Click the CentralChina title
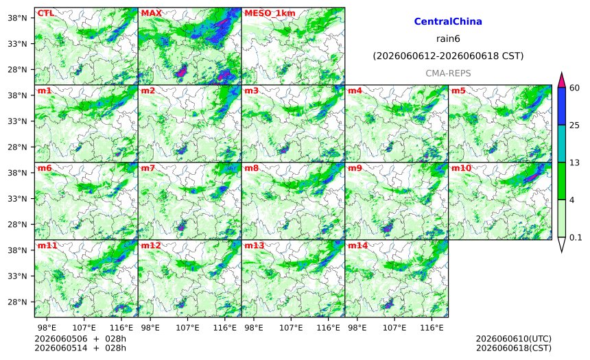pyautogui.click(x=448, y=21)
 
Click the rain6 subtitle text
pyautogui.click(x=448, y=39)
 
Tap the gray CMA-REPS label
pyautogui.click(x=448, y=73)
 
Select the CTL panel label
pyautogui.click(x=45, y=13)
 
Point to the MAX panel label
pyautogui.click(x=151, y=13)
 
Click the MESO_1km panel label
pyautogui.click(x=270, y=13)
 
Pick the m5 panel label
pyautogui.click(x=458, y=91)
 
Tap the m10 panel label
pyautogui.click(x=461, y=168)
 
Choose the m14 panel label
pyautogui.click(x=357, y=245)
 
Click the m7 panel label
pyautogui.click(x=148, y=168)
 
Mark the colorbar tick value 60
pyautogui.click(x=574, y=88)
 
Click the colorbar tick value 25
pyautogui.click(x=574, y=125)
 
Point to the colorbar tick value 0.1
pyautogui.click(x=576, y=237)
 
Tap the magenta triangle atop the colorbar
pyautogui.click(x=562, y=80)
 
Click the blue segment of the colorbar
pyautogui.click(x=562, y=106)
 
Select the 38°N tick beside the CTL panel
pyautogui.click(x=17, y=18)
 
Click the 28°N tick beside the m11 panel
pyautogui.click(x=17, y=302)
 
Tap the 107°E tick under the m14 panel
pyautogui.click(x=394, y=328)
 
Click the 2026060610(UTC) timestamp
pyautogui.click(x=514, y=339)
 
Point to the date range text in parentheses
pyautogui.click(x=448, y=56)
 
